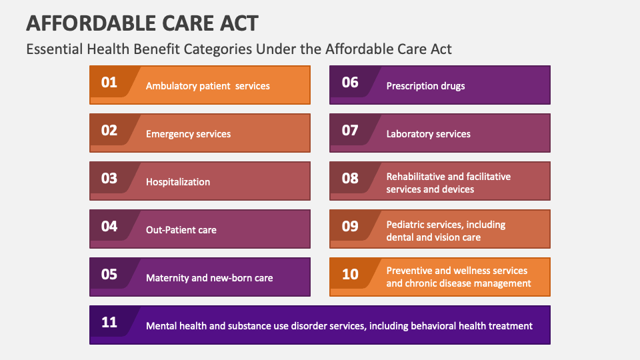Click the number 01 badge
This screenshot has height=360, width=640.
click(x=109, y=83)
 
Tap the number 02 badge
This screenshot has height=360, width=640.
click(x=109, y=131)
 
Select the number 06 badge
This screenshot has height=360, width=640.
click(x=350, y=83)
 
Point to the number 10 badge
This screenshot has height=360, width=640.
click(x=350, y=274)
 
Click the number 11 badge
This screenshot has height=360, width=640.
click(x=109, y=323)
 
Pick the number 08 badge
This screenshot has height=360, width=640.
click(x=350, y=179)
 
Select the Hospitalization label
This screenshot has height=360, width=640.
click(x=178, y=182)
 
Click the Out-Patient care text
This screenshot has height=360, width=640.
click(x=181, y=230)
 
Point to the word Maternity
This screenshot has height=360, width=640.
click(x=167, y=278)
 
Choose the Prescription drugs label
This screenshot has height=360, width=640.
click(x=425, y=86)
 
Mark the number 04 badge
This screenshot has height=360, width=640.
click(x=109, y=227)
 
